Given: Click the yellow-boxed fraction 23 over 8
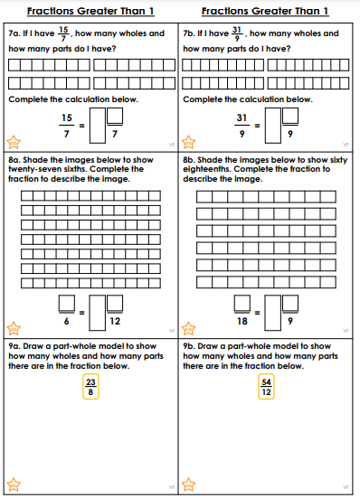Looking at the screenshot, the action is (90, 387).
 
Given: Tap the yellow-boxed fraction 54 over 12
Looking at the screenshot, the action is (266, 387).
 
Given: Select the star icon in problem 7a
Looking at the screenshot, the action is (14, 142).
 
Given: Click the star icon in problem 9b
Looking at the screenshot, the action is (188, 484).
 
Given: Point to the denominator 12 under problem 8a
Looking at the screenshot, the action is (115, 322).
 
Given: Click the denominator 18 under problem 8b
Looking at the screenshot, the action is (242, 322).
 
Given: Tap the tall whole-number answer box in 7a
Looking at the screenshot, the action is (98, 126).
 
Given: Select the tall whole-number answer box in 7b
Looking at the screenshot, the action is (273, 126).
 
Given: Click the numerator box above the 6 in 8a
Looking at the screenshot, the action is (67, 303).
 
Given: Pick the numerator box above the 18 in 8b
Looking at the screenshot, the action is (242, 303).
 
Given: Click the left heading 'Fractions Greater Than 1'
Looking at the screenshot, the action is (90, 11).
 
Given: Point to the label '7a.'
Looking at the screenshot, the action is (14, 33).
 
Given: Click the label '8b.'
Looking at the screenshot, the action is (189, 160).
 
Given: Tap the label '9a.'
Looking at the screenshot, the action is (14, 346).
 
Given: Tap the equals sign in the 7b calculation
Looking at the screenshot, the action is (258, 126).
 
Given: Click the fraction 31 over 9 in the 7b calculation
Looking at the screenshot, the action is (242, 126).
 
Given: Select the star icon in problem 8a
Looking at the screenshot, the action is (14, 328).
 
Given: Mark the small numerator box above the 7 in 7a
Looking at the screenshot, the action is (115, 116).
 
